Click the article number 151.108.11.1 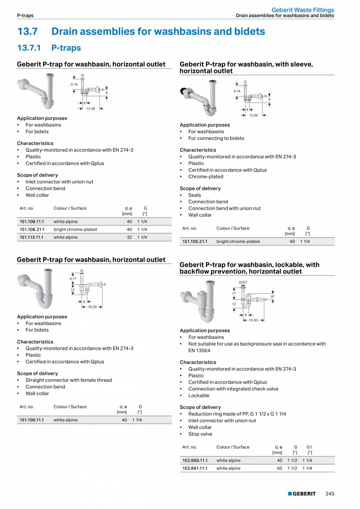(x=32, y=222)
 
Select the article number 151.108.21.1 (x=32, y=229)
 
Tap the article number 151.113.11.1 (x=32, y=237)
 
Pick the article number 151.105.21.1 (x=195, y=242)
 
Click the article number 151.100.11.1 (x=32, y=420)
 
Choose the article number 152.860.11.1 (x=195, y=460)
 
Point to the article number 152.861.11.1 (x=195, y=468)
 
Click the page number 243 (x=330, y=494)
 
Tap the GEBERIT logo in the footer (x=302, y=494)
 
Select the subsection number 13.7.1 (x=29, y=48)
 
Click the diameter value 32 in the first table (x=129, y=237)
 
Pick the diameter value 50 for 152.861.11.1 (x=279, y=468)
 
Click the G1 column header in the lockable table (x=309, y=447)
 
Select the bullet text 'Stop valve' (x=200, y=434)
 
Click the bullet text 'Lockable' (x=199, y=395)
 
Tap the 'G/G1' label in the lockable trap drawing (x=243, y=282)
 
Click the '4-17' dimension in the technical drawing (x=73, y=278)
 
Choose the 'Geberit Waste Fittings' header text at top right (x=303, y=10)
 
